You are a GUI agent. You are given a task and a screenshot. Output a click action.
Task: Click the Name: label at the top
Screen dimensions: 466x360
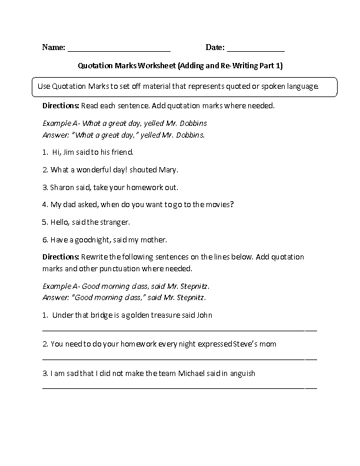pyautogui.click(x=54, y=47)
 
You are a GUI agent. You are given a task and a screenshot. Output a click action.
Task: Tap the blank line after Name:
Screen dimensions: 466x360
pyautogui.click(x=119, y=51)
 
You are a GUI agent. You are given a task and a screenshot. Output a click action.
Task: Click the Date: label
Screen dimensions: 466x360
pyautogui.click(x=215, y=47)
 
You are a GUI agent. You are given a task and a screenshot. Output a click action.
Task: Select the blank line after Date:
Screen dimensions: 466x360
pyautogui.click(x=255, y=51)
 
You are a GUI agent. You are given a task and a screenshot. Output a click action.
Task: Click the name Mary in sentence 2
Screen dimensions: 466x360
pyautogui.click(x=168, y=169)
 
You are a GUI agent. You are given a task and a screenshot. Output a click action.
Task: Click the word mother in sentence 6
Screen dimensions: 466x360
pyautogui.click(x=155, y=239)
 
